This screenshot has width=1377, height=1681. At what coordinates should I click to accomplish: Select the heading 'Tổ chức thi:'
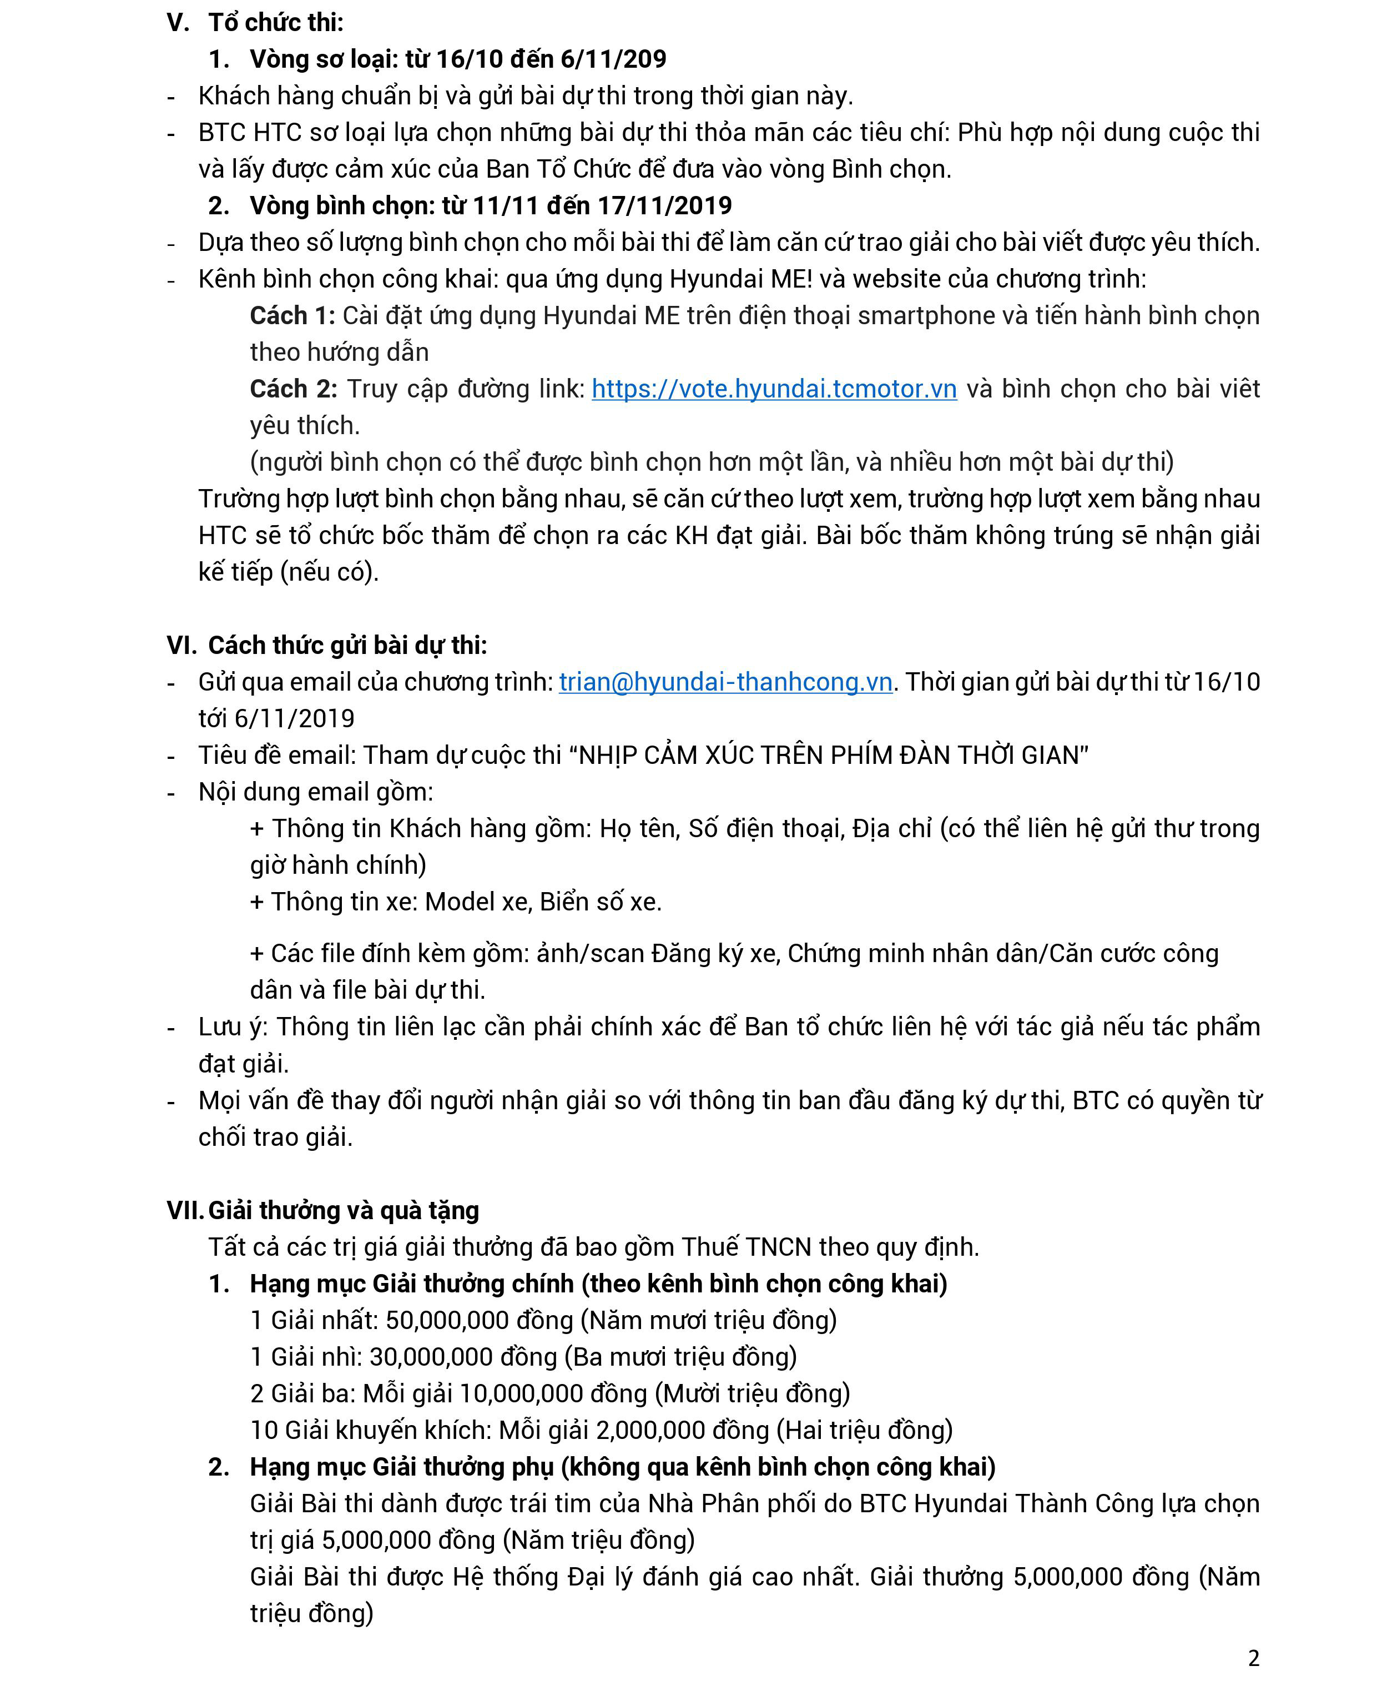275,22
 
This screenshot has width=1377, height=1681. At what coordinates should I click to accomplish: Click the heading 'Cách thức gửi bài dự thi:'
347,645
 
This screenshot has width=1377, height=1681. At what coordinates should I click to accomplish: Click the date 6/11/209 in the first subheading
613,59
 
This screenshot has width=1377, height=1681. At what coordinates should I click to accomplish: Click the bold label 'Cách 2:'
292,389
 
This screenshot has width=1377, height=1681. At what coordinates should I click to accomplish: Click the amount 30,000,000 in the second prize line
431,1357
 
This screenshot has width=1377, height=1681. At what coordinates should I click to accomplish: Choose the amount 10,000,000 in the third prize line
521,1393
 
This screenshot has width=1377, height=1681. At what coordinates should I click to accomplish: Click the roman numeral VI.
181,645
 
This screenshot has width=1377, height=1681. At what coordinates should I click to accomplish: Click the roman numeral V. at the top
178,22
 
